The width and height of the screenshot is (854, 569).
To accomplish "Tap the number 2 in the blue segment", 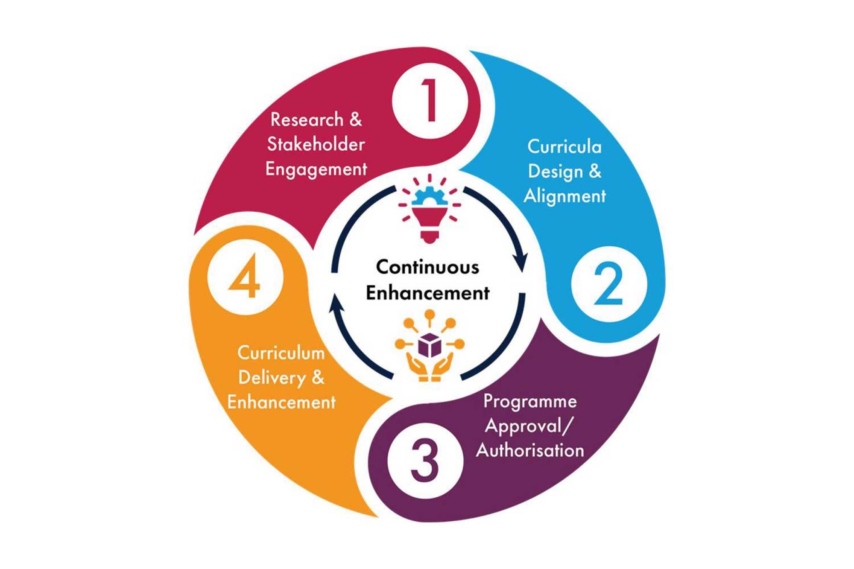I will (x=608, y=284).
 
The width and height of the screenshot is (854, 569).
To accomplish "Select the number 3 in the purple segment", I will (x=424, y=461).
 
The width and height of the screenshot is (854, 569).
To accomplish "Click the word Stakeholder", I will (x=316, y=144).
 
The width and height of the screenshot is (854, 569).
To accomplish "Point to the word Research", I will (x=307, y=120).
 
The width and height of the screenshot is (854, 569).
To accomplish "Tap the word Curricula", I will (x=564, y=147).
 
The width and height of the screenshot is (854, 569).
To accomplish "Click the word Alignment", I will (x=564, y=196).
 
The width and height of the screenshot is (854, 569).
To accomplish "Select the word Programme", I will (x=530, y=401).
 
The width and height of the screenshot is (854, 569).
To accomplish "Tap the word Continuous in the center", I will (x=427, y=267).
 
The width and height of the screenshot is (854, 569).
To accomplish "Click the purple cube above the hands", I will (x=429, y=345).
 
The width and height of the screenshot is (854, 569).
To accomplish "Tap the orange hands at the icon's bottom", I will (x=429, y=368).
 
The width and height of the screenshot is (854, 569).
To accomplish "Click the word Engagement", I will (x=316, y=169).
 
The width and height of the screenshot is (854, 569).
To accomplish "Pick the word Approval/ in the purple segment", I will (x=527, y=426).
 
